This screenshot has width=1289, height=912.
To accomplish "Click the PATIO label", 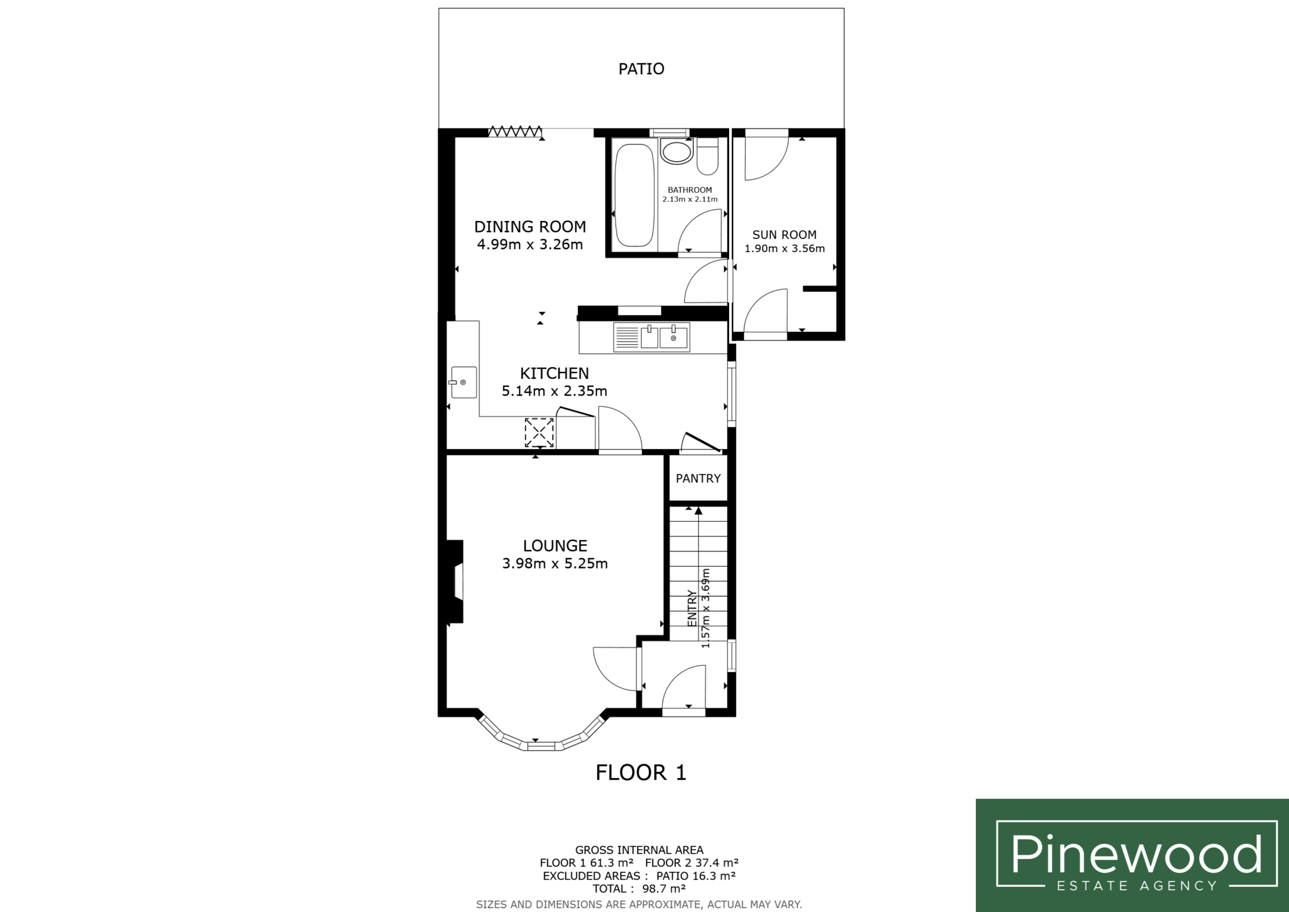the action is (641, 69).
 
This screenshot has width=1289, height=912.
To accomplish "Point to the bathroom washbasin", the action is (677, 152).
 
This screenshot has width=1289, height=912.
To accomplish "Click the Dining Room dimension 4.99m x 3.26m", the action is (530, 245).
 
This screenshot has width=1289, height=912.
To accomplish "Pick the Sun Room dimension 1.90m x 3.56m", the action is (785, 249).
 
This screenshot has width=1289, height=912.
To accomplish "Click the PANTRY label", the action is (698, 478).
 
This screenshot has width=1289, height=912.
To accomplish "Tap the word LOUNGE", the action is (555, 546).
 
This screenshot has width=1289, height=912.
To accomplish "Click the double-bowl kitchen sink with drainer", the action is (652, 337).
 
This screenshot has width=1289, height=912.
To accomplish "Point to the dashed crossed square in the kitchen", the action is (539, 433).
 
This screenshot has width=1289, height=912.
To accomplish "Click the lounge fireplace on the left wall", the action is (455, 581).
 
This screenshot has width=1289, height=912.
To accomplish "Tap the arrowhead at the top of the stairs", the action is (698, 511).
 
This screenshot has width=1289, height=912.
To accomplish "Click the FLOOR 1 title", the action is (640, 773).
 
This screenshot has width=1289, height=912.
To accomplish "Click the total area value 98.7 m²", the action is (664, 889).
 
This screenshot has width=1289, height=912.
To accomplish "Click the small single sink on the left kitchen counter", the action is (463, 382).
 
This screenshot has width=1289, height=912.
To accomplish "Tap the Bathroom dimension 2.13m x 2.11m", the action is (690, 199).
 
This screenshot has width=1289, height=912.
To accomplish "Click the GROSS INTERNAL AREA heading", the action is (639, 850).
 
